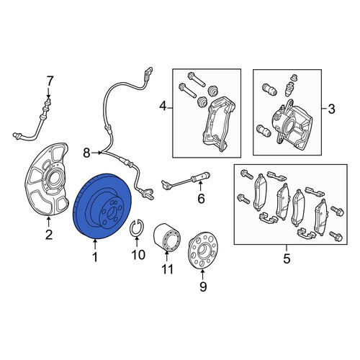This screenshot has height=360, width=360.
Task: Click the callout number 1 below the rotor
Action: [x=95, y=257]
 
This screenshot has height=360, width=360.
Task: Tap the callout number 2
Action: [x=49, y=235]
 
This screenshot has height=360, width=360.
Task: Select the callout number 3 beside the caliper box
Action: [x=331, y=109]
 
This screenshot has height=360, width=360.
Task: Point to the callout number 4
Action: [x=163, y=106]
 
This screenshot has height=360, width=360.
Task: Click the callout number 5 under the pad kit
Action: [x=287, y=258]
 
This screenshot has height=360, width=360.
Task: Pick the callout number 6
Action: [x=201, y=199]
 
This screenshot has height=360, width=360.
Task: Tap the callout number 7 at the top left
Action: [x=49, y=81]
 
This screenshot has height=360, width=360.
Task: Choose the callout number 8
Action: [x=87, y=153]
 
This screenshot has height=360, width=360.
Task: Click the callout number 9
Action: [x=203, y=287]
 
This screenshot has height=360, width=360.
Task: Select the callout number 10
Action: [x=138, y=255]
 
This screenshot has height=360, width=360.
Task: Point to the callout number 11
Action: [x=167, y=269]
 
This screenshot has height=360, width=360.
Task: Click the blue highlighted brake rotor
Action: [x=102, y=206]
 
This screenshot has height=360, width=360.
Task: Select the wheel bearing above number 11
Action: [x=167, y=237]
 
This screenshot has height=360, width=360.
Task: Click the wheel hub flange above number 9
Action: [x=202, y=250]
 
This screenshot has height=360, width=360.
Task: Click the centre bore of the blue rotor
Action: [x=112, y=212]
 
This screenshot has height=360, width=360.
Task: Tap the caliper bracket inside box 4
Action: [x=219, y=124]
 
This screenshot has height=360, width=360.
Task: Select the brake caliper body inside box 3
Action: [x=292, y=125]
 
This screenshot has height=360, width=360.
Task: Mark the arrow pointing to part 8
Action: [x=96, y=153]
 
